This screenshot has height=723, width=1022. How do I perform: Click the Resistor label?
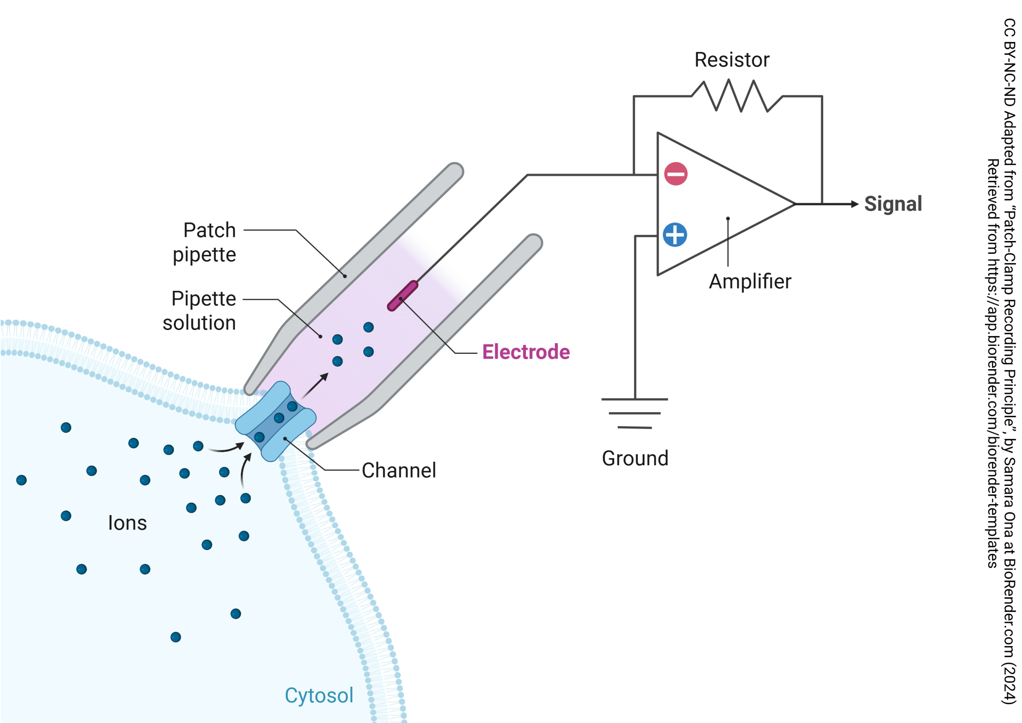point(732,60)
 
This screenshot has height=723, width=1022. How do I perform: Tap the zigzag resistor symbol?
point(736,95)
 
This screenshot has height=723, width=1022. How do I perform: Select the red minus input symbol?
point(675,174)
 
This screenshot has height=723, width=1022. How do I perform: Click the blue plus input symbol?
point(675,235)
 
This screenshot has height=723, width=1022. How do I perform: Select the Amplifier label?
point(750,282)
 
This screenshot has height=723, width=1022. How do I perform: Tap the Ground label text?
point(635,458)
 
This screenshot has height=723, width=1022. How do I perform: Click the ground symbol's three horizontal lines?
point(635,413)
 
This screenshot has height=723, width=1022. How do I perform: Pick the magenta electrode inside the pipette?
point(402,296)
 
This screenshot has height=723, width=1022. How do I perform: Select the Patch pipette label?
point(205,242)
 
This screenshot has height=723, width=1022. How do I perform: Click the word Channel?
point(398,470)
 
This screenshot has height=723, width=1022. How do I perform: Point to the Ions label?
point(127,523)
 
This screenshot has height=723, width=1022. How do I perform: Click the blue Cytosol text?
point(319,695)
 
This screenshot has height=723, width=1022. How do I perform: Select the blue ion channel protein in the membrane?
point(275,421)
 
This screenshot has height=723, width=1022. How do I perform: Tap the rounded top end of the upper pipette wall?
point(455,171)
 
